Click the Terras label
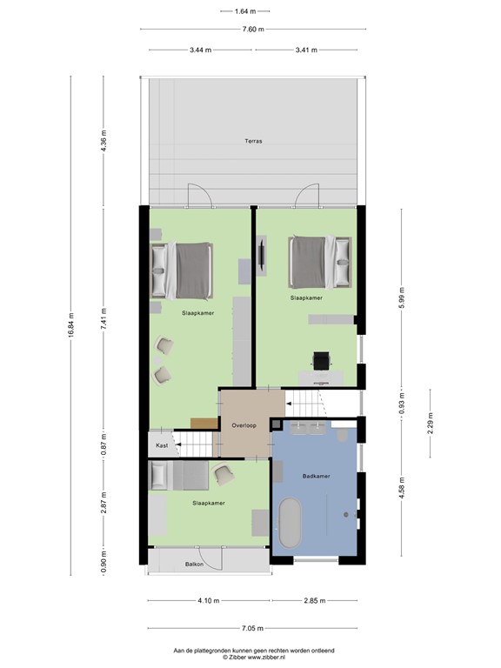point(252,140)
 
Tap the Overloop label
point(244,425)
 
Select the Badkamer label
point(315,477)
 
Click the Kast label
point(162,445)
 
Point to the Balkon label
point(195,564)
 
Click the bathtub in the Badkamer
point(290,523)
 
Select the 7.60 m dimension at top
point(251,29)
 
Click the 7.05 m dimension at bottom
point(251,628)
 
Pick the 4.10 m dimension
point(208,601)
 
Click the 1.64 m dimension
point(246,11)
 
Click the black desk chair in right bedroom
point(321,359)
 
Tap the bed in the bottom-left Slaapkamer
point(180,476)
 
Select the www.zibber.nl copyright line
point(251,658)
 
